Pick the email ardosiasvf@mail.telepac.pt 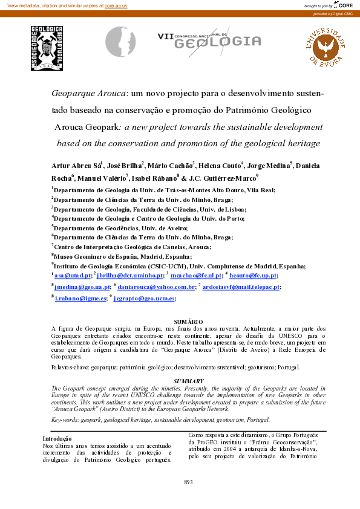241,287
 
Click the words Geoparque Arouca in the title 89,94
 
